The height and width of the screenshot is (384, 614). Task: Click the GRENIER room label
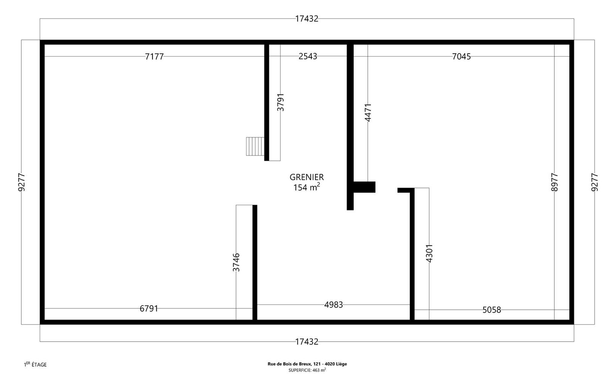(307, 177)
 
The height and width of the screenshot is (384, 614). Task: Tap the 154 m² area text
(307, 187)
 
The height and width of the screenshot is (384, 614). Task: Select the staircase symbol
(255, 146)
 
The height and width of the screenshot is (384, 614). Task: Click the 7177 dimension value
(154, 57)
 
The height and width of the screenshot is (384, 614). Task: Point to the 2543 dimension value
(308, 56)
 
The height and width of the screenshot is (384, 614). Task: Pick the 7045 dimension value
(461, 57)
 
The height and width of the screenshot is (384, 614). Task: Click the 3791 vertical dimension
(280, 102)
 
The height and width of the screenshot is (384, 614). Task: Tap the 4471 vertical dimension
(368, 113)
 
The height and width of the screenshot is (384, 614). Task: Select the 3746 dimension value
(236, 262)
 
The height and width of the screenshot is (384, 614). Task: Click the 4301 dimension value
(429, 253)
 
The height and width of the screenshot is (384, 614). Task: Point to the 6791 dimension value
(149, 308)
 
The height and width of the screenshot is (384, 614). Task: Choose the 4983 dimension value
(334, 305)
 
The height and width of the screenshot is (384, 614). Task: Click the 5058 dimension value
(492, 310)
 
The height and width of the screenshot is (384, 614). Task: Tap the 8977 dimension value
(555, 182)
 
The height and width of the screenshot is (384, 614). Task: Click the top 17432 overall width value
(307, 19)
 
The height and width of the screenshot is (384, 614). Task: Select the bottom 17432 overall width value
(307, 342)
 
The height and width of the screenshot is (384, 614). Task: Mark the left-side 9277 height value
(21, 182)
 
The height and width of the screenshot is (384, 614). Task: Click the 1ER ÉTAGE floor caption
(35, 364)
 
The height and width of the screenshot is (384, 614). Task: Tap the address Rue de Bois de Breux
(307, 364)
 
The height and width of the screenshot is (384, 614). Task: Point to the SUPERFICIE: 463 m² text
(307, 370)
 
